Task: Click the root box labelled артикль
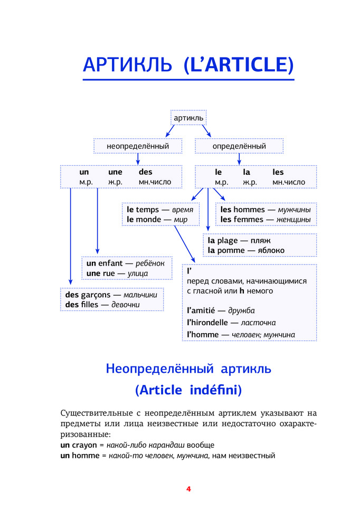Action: (x=188, y=118)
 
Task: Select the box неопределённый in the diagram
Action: (x=138, y=146)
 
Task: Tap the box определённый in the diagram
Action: (x=239, y=146)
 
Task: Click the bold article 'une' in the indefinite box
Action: (x=115, y=172)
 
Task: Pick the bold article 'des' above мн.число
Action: (x=145, y=172)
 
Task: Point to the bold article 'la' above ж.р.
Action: (x=246, y=172)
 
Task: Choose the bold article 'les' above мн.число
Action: (x=278, y=172)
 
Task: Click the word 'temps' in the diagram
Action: (x=147, y=210)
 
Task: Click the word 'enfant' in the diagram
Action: (x=111, y=263)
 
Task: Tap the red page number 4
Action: (x=188, y=489)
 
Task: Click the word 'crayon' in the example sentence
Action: (x=87, y=445)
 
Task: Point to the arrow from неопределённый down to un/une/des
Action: (x=138, y=158)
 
